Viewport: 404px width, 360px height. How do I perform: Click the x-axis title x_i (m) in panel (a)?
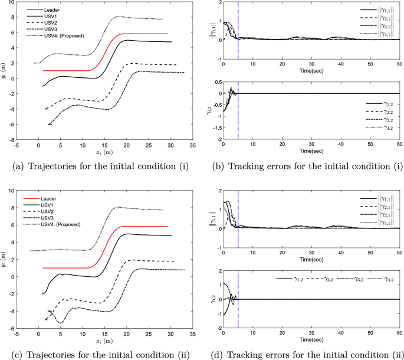pyautogui.click(x=105, y=154)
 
